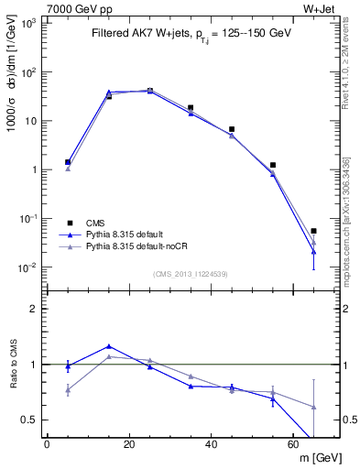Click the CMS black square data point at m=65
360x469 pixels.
click(313, 231)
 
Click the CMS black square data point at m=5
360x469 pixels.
click(67, 162)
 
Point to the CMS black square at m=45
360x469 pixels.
click(232, 129)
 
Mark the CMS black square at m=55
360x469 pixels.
click(273, 165)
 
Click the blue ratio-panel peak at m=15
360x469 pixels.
click(109, 346)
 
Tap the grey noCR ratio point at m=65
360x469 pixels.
click(313, 407)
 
